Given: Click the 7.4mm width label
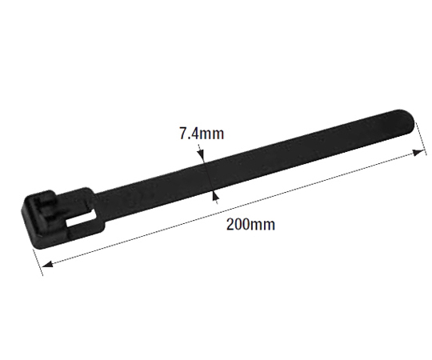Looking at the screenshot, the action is (202, 134).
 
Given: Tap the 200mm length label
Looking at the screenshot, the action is (250, 224).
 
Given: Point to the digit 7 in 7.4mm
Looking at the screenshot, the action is (183, 134).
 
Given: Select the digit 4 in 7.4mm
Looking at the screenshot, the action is (194, 134).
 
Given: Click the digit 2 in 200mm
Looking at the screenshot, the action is (230, 224).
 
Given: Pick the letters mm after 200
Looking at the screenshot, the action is (263, 226).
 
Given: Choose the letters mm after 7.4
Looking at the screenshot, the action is (212, 135).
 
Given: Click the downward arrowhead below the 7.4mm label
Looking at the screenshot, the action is (201, 154).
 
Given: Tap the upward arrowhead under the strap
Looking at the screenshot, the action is (215, 195).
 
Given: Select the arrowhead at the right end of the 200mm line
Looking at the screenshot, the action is (418, 153).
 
